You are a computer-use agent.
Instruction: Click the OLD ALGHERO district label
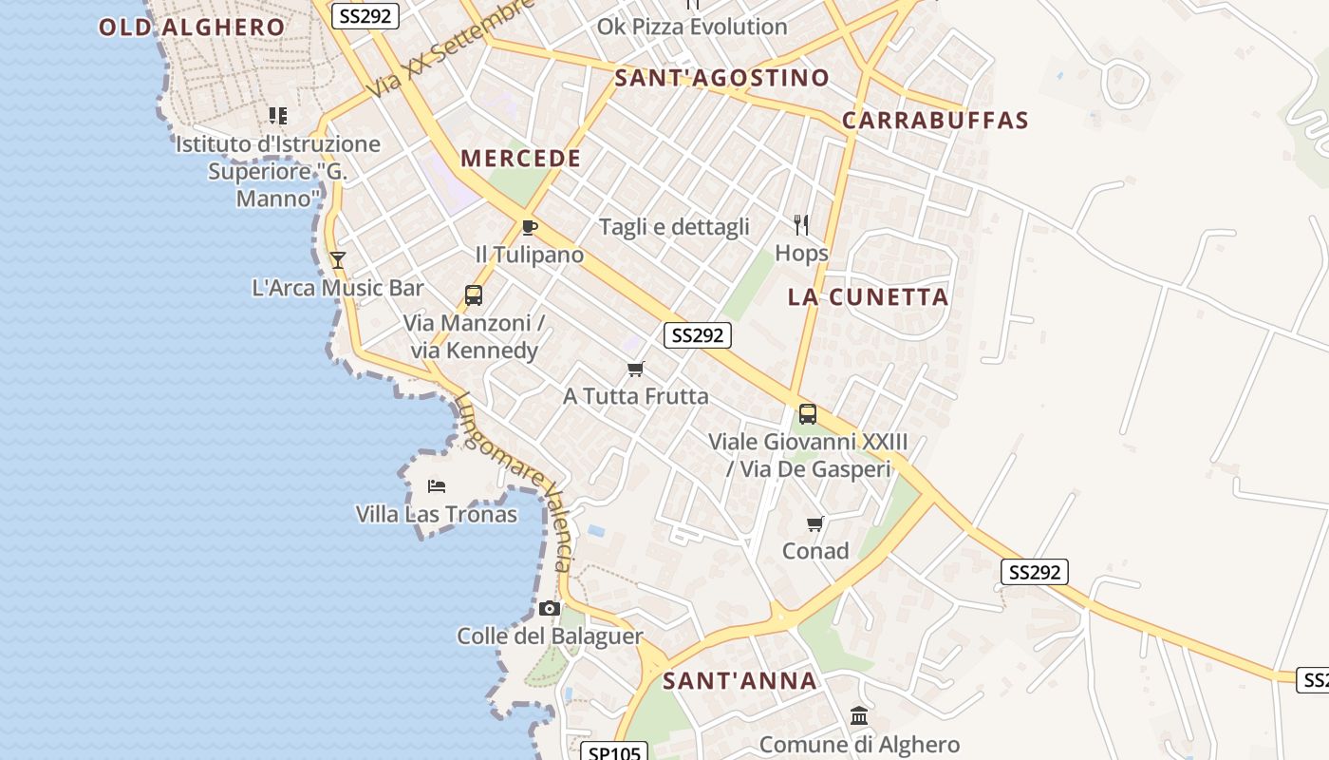pos(192,27)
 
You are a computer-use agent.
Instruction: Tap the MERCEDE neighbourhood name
pos(521,159)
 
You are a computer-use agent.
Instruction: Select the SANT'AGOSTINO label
pos(721,78)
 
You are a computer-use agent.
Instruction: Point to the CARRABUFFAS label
pos(935,121)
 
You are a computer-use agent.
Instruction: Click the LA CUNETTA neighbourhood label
pos(868,297)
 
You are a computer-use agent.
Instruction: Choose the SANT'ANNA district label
pos(739,681)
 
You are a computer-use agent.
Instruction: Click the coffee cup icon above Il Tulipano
pos(530,227)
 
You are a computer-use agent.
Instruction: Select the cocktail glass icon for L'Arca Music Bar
pos(337,259)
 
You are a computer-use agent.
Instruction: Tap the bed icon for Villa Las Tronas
pos(437,486)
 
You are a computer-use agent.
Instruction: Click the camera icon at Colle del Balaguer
pos(549,609)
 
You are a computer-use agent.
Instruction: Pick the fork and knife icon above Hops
pos(801,225)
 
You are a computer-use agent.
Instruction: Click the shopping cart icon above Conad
pos(814,523)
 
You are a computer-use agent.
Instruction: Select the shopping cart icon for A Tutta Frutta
pos(635,369)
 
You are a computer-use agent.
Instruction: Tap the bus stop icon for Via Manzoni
pos(474,295)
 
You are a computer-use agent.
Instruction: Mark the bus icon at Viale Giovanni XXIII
pos(808,414)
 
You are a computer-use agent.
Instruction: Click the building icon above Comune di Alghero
pos(859,716)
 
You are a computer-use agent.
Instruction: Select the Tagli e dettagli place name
pos(674,227)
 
